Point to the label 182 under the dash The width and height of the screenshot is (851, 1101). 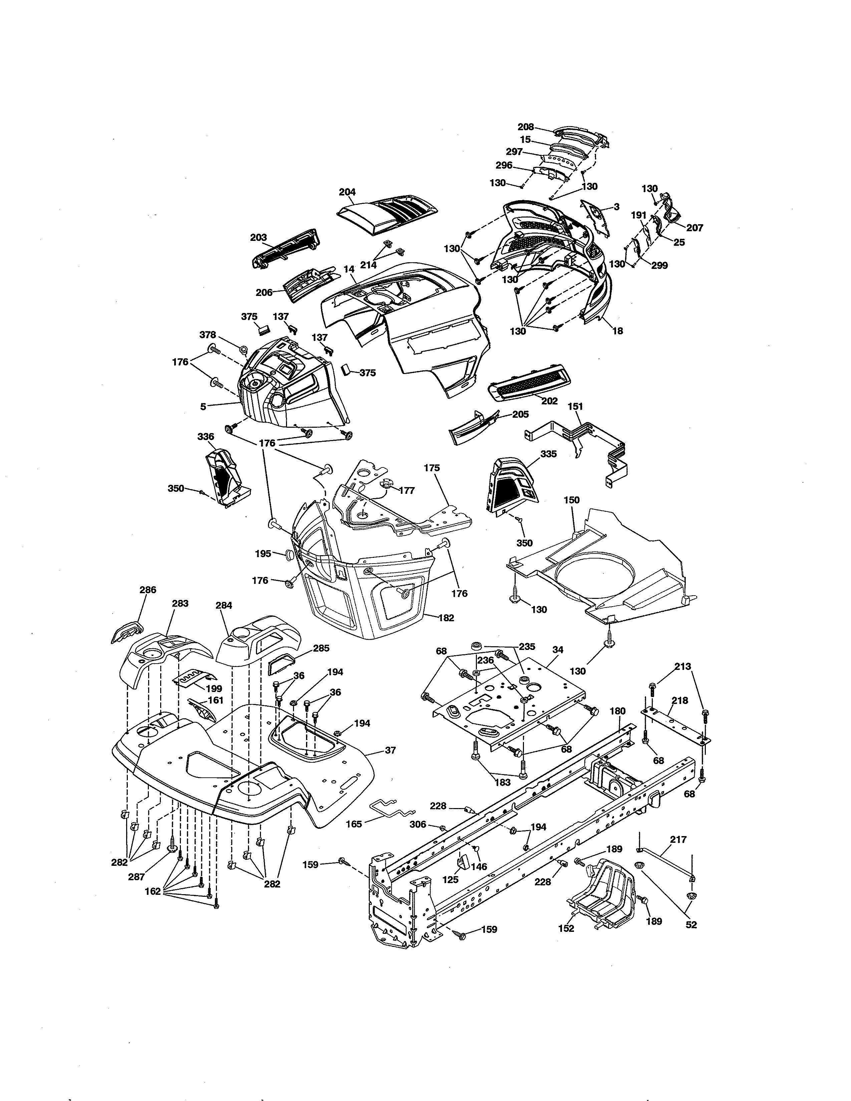[x=446, y=618]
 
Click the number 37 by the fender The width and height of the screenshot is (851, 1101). [x=390, y=764]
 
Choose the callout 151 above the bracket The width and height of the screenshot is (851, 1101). [x=575, y=406]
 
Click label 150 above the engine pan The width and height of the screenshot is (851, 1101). [x=571, y=500]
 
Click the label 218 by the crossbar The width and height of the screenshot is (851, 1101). [x=679, y=700]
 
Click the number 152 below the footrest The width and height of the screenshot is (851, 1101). [x=566, y=929]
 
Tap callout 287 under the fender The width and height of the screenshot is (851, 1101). [x=136, y=877]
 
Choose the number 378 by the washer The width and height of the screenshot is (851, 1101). [x=208, y=335]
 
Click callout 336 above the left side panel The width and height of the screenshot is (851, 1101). [x=206, y=437]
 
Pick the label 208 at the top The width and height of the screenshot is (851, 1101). [x=526, y=127]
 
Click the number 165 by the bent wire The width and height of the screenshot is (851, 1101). [x=353, y=825]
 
